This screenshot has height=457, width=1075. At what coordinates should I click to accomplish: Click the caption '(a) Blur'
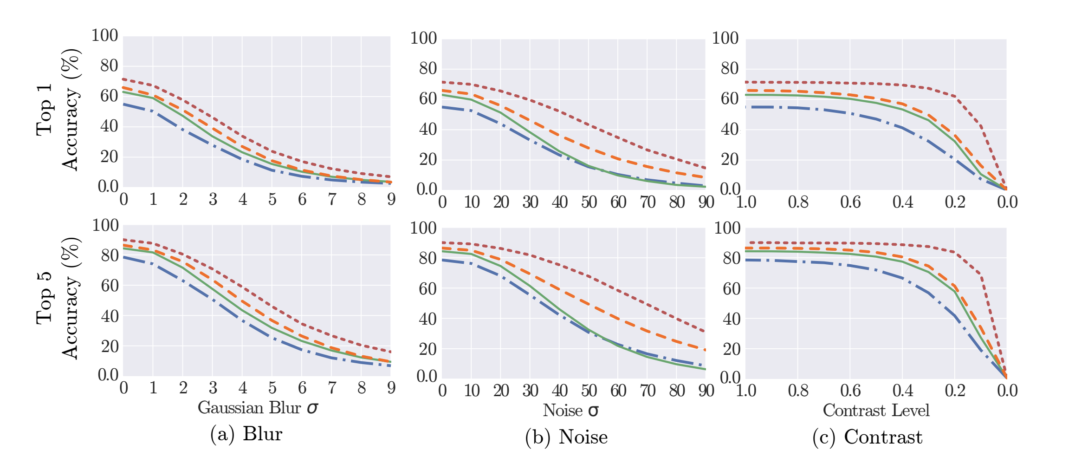(246, 434)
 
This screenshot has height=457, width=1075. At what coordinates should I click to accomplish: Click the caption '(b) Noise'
(566, 437)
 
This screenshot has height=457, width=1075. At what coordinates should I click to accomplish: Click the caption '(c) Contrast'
(868, 437)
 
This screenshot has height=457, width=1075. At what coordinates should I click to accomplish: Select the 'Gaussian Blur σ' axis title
(258, 408)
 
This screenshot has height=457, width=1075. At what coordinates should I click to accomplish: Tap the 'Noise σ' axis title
(571, 411)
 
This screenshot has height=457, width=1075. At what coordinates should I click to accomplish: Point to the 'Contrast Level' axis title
(876, 411)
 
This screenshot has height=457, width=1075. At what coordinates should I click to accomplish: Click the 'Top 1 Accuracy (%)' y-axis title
(58, 110)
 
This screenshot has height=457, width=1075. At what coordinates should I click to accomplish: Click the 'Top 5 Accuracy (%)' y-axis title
(58, 298)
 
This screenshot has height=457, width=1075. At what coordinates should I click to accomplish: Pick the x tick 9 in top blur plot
(391, 200)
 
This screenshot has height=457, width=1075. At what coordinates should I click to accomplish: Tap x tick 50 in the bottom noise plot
(589, 391)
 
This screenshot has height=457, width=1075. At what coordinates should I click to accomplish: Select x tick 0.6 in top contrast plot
(850, 202)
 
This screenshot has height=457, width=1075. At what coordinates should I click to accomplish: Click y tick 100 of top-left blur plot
(105, 36)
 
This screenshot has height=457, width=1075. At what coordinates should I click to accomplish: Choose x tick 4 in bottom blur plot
(242, 388)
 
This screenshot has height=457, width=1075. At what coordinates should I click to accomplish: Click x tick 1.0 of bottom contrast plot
(746, 391)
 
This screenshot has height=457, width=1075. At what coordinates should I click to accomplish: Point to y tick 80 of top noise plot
(427, 69)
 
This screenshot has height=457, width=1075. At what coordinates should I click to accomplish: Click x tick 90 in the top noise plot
(706, 202)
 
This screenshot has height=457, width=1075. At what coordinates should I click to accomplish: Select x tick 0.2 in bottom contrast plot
(955, 391)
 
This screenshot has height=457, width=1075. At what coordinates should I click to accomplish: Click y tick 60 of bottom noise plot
(427, 289)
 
